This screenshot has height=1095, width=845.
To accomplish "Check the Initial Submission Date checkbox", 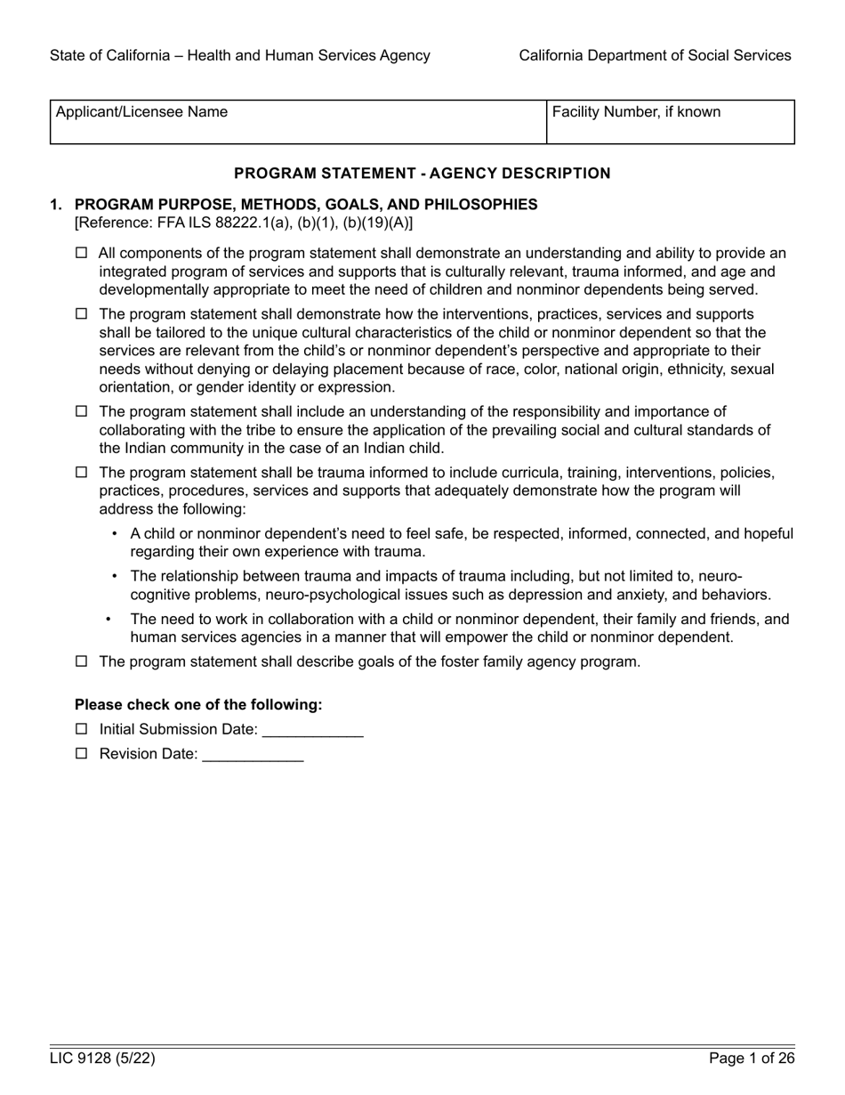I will [x=82, y=729].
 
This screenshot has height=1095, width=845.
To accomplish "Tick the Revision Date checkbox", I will [x=82, y=754].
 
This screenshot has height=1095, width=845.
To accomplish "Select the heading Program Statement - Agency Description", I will [x=422, y=174].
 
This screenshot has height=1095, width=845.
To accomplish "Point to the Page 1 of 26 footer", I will [x=751, y=1058].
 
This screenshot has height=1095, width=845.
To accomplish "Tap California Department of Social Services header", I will [x=655, y=55].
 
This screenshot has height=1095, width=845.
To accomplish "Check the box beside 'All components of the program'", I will [x=82, y=254].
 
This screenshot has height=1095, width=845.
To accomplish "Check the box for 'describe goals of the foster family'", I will [x=82, y=661].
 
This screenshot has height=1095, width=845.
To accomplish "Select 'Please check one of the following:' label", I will [x=198, y=705].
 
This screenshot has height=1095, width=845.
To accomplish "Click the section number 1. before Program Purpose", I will [x=56, y=205].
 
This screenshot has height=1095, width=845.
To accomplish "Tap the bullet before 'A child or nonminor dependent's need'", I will [x=114, y=534].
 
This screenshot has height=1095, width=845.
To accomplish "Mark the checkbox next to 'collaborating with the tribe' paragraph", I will [x=82, y=412].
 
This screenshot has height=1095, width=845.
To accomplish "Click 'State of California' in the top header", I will [x=108, y=55].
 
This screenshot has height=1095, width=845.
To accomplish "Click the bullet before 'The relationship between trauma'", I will [x=114, y=576].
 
